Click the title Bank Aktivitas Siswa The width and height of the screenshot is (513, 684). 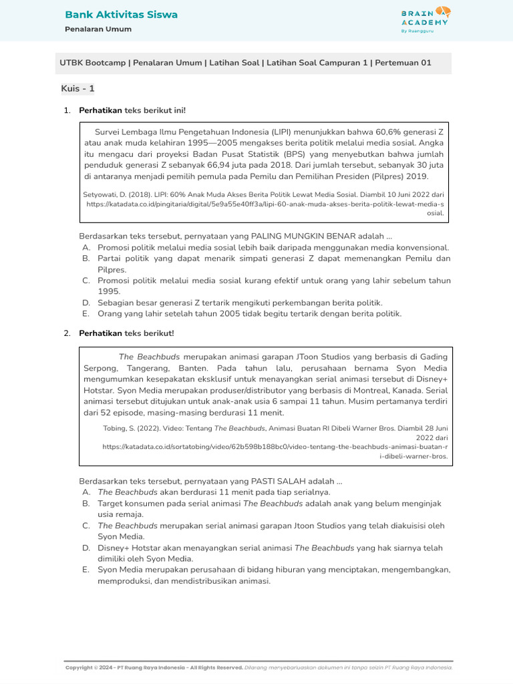pyautogui.click(x=121, y=15)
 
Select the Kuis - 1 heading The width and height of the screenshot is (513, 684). pyautogui.click(x=78, y=88)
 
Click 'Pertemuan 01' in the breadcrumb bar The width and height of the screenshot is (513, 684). pyautogui.click(x=403, y=63)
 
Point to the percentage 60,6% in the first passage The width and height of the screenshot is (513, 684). pyautogui.click(x=388, y=131)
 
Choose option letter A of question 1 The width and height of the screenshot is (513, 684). pyautogui.click(x=85, y=247)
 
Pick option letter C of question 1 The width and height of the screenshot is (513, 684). pyautogui.click(x=85, y=281)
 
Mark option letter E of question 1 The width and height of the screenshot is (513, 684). pyautogui.click(x=85, y=313)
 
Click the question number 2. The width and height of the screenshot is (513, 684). pyautogui.click(x=67, y=333)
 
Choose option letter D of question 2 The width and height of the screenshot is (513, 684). pyautogui.click(x=86, y=548)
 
